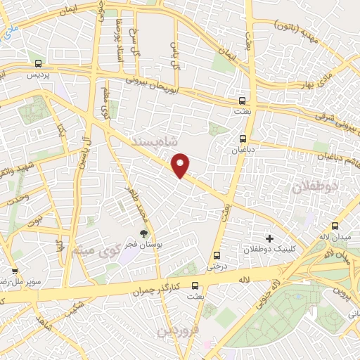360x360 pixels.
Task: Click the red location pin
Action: [181, 165]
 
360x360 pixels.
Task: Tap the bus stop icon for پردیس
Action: [38, 63]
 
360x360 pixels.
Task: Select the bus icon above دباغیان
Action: [243, 139]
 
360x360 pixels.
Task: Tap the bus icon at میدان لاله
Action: [334, 226]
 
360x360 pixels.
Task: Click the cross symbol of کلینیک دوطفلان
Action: [269, 238]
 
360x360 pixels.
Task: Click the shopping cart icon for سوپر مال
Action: [14, 270]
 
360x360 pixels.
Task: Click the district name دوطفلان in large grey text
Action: [314, 186]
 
